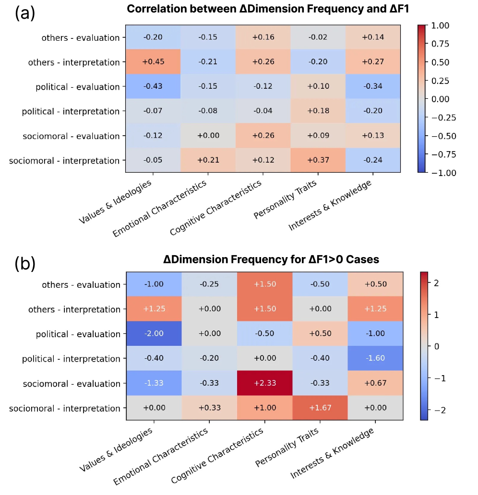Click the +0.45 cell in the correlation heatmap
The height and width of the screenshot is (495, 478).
[x=154, y=62]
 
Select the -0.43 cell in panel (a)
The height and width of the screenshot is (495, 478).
[x=154, y=87]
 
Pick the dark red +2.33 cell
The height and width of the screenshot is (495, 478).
[x=264, y=384]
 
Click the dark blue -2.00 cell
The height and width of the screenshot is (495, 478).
[x=154, y=334]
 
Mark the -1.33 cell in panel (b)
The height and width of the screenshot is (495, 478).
[x=154, y=384]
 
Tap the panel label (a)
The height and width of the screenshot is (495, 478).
[x=25, y=13]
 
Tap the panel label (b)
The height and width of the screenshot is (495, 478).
[x=25, y=263]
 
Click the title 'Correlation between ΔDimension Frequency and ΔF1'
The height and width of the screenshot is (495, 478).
[x=264, y=9]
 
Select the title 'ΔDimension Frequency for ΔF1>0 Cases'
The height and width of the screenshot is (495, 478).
[x=271, y=259]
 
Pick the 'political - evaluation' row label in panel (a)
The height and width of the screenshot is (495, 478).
[x=77, y=87]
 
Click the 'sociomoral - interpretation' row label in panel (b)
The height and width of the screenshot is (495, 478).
[x=64, y=409]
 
